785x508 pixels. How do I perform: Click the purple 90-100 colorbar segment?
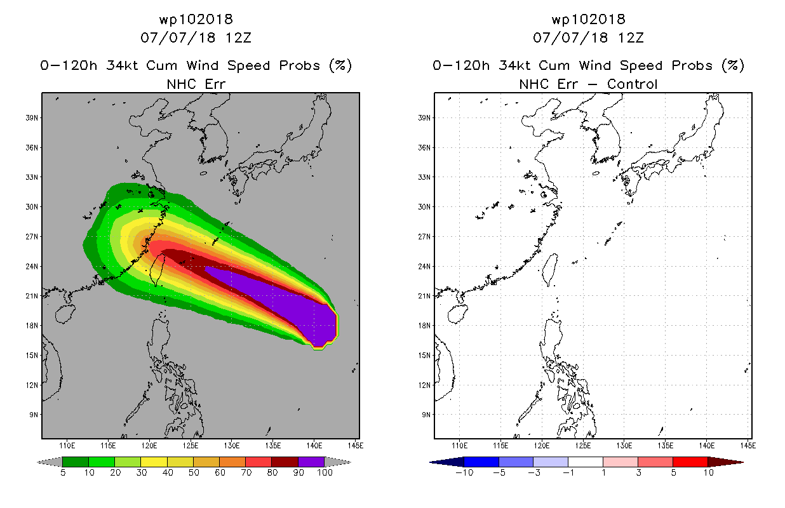tap(311, 462)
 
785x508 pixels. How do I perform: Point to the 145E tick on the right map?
tap(747, 444)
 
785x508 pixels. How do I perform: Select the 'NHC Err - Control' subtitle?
tap(588, 84)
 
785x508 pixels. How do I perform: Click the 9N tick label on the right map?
tap(425, 414)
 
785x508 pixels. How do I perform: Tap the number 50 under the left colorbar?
tap(193, 473)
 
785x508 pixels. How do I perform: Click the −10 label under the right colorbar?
tap(464, 473)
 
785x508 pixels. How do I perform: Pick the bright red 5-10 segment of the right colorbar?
tap(690, 462)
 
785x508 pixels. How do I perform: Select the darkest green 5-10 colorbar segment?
tap(76, 462)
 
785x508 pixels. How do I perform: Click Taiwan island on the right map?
tap(551, 269)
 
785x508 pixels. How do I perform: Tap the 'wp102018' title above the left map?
tap(196, 20)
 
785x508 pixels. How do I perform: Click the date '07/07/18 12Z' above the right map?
tap(588, 37)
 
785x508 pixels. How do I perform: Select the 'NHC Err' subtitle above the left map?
tap(196, 84)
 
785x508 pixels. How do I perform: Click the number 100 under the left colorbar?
tap(325, 473)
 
